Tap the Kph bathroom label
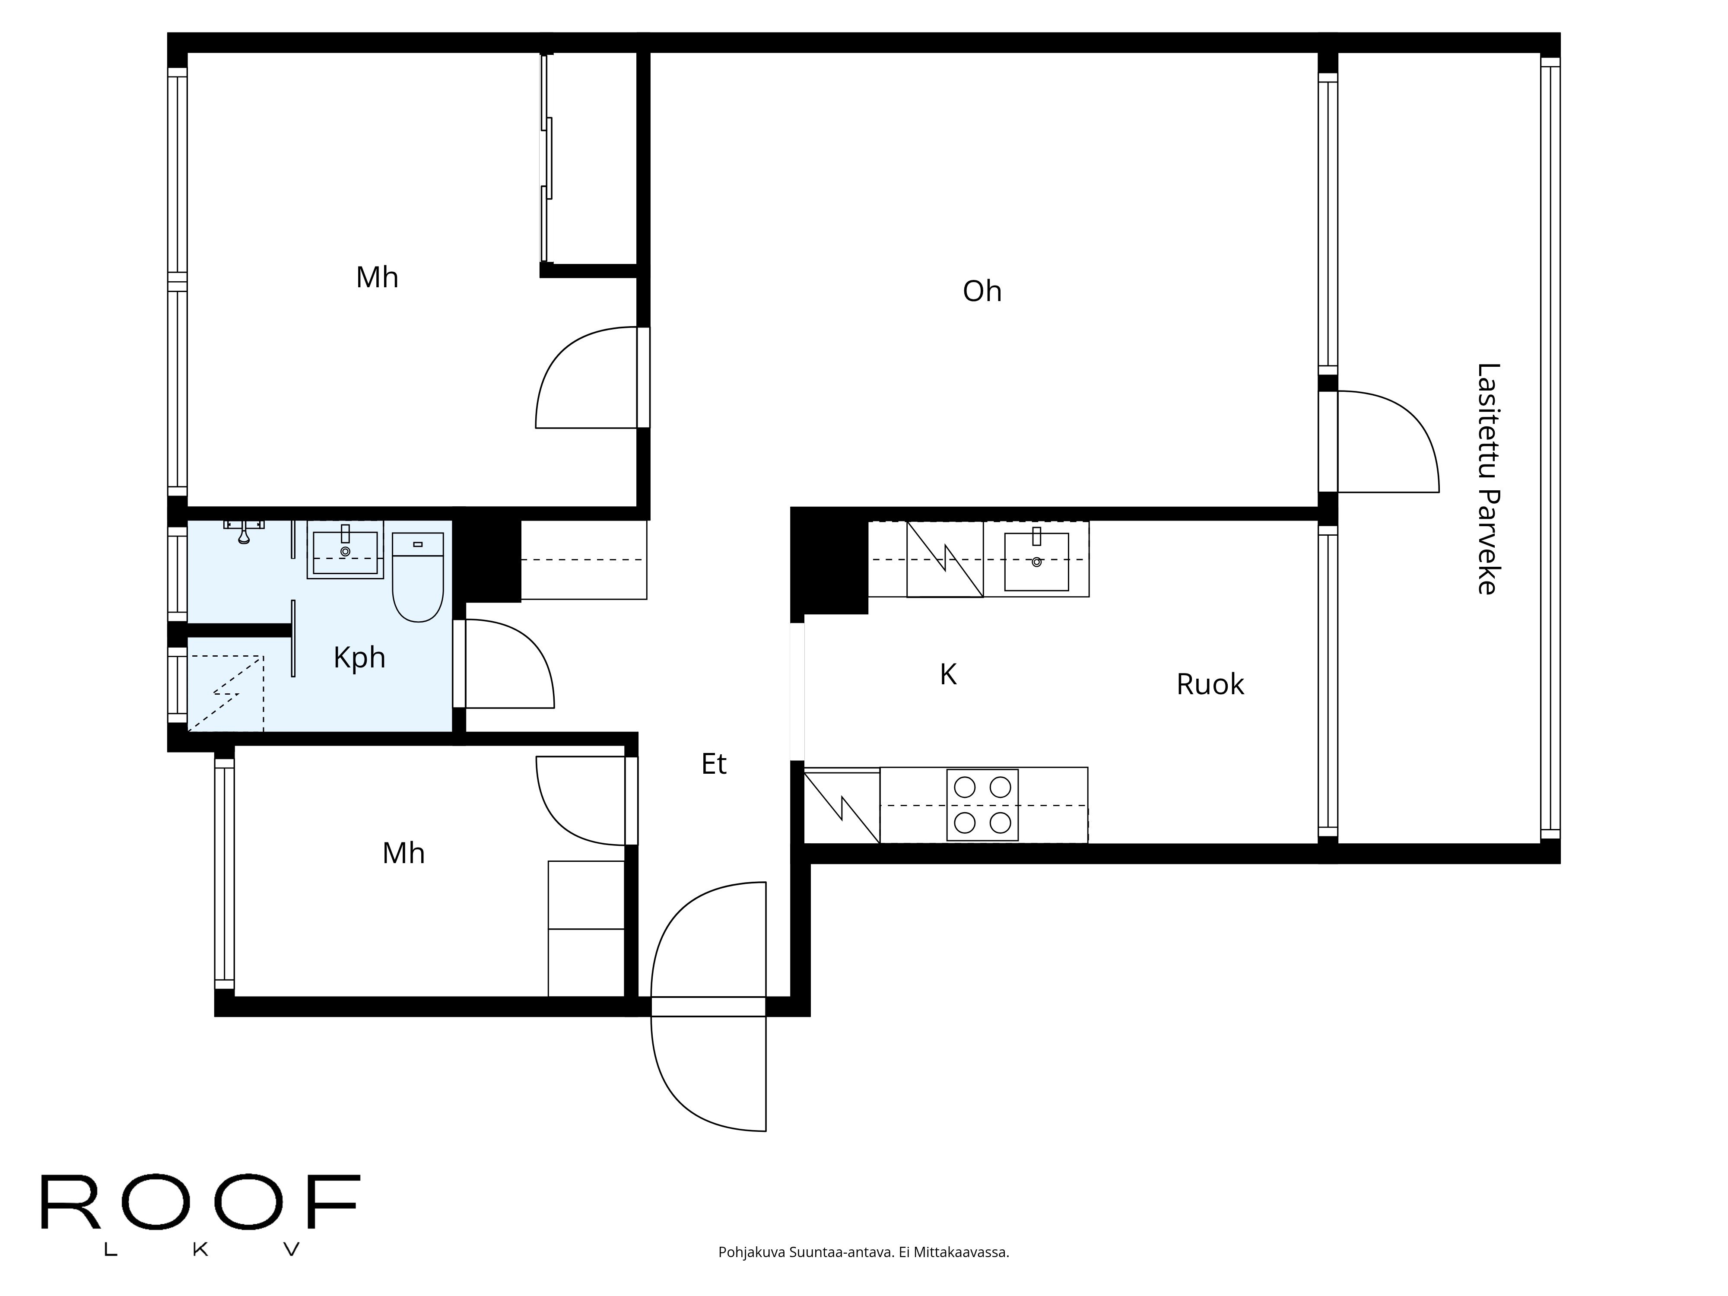pyautogui.click(x=359, y=658)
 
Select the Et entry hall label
pyautogui.click(x=713, y=764)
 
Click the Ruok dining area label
pyautogui.click(x=1209, y=684)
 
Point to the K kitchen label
pyautogui.click(x=947, y=674)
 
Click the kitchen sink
pyautogui.click(x=1036, y=560)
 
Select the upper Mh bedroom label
pyautogui.click(x=377, y=277)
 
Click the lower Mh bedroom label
pyautogui.click(x=403, y=853)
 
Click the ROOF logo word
pyautogui.click(x=199, y=1203)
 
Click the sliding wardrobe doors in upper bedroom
pyautogui.click(x=547, y=156)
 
